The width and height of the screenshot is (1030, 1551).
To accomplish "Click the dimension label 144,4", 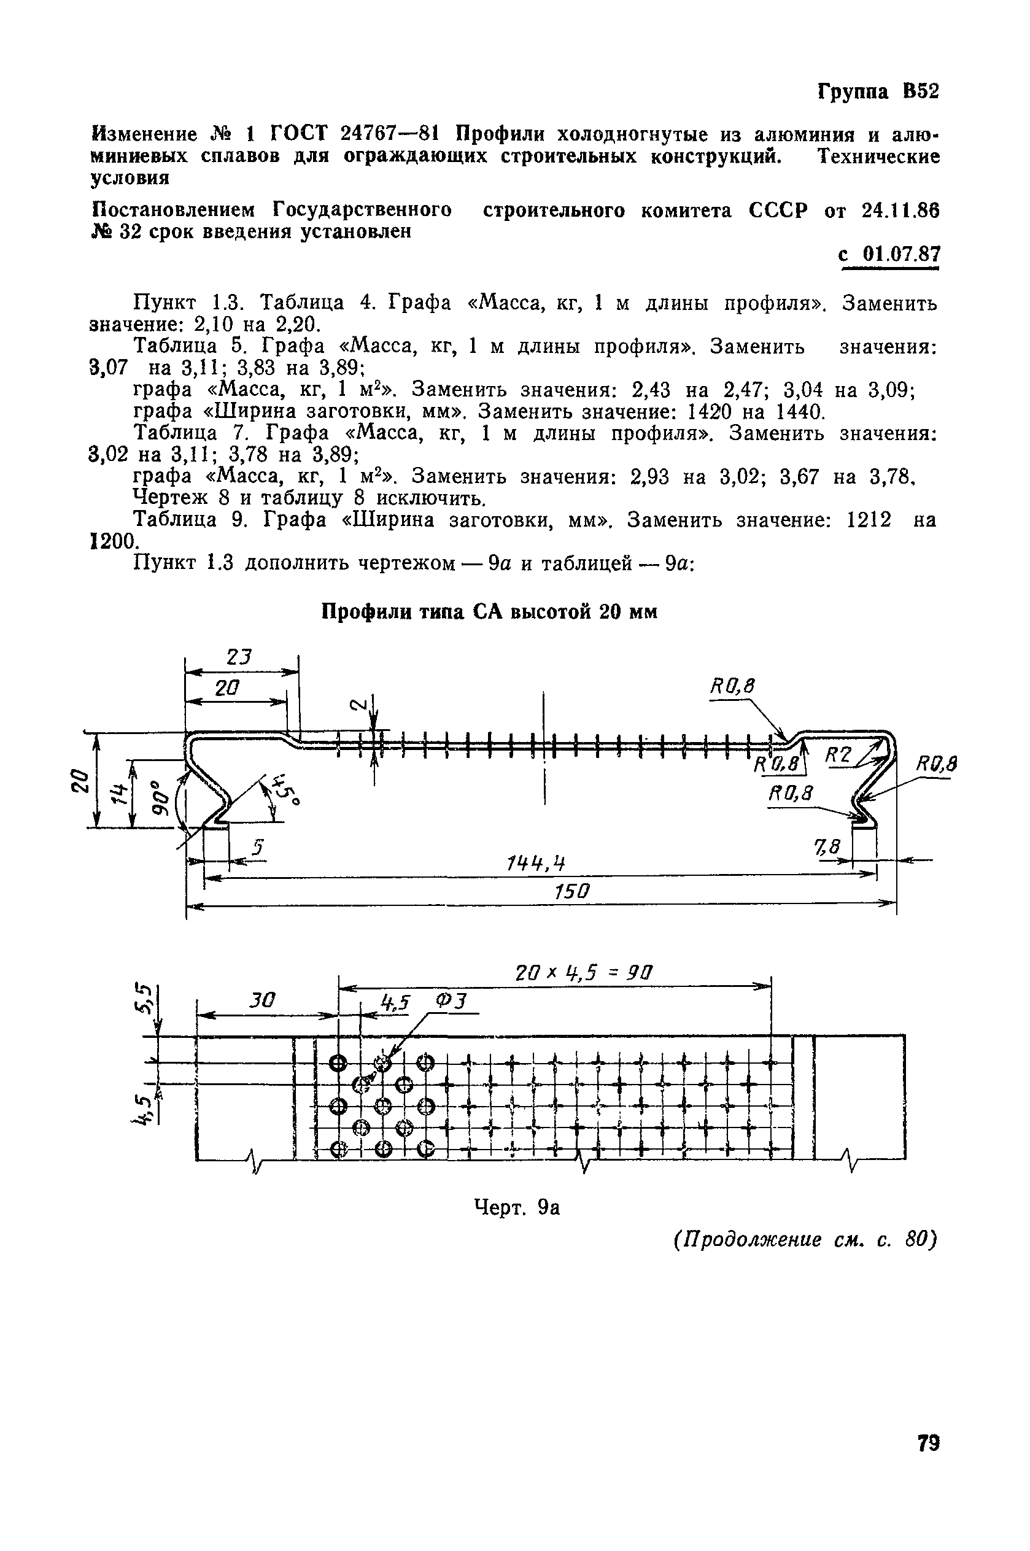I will point(536,863).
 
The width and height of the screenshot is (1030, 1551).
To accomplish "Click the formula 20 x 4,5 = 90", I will point(584,972).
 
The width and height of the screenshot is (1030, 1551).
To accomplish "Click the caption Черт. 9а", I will point(516,1206).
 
